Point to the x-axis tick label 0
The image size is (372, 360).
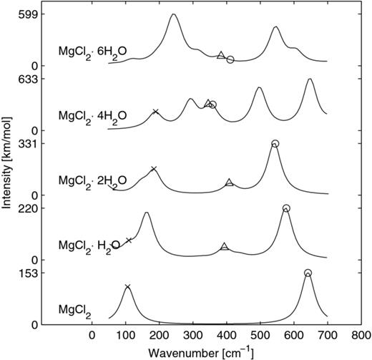[x=92, y=334]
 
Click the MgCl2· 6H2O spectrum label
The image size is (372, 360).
[x=92, y=52]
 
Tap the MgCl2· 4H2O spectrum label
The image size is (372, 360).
[x=92, y=115]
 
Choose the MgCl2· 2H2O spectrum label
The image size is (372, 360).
[x=92, y=180]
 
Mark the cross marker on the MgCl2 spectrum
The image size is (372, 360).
[x=127, y=287]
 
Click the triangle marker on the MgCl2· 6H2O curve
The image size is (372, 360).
[x=220, y=55]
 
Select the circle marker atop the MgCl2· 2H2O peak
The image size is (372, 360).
[x=275, y=144]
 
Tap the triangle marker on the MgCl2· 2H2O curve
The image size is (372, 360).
[x=229, y=183]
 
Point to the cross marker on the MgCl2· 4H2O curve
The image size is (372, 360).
[x=155, y=112]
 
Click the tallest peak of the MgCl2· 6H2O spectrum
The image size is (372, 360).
[x=172, y=15]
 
